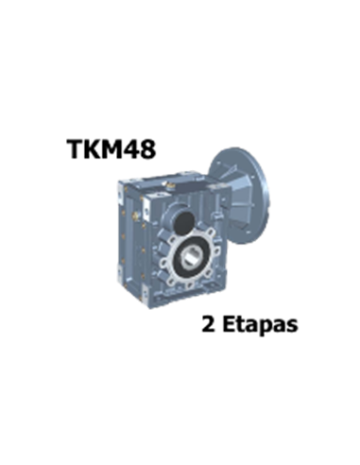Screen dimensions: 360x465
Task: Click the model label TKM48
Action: (111, 148)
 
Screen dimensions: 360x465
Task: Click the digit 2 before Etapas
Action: (208, 324)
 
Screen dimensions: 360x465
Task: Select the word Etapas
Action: (260, 324)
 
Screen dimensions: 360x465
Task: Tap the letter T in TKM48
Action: (75, 148)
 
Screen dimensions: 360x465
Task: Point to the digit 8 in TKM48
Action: (148, 149)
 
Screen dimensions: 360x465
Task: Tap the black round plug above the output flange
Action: (183, 222)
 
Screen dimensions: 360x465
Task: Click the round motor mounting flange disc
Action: (238, 196)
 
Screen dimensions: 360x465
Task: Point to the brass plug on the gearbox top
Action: (170, 187)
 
